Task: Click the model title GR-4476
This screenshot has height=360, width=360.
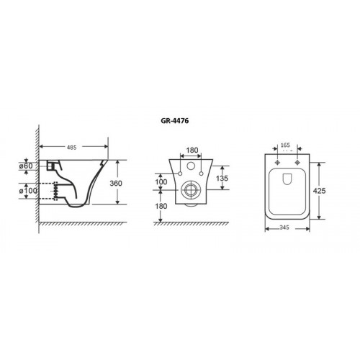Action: coord(175,121)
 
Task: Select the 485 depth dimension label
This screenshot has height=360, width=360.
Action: coord(72,148)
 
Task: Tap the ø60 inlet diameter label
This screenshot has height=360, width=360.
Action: coord(26,166)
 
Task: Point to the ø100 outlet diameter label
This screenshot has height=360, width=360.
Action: coord(28,191)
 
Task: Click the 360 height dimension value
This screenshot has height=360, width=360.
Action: coord(116,184)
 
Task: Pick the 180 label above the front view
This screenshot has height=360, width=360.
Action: coord(192,150)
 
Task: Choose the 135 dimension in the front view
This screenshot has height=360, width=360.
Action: coord(222,179)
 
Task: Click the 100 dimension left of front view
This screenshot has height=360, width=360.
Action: coord(161,181)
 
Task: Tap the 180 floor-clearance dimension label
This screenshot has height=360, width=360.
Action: coord(161,206)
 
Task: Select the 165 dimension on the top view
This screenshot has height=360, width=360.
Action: coord(285,145)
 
